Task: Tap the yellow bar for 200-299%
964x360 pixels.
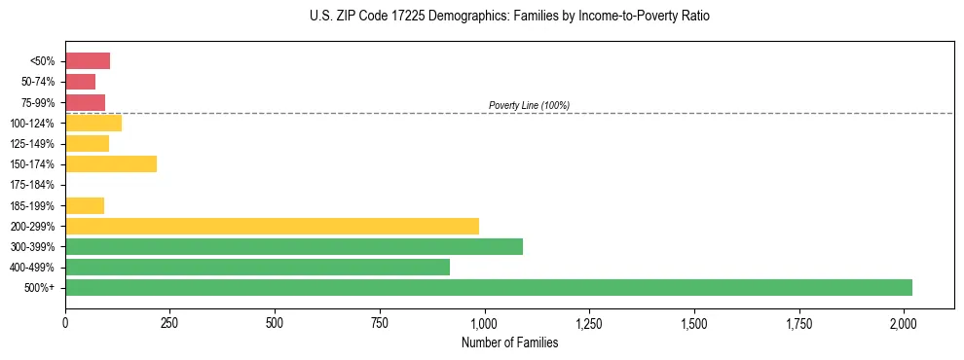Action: [272, 226]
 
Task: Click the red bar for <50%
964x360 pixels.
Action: [88, 61]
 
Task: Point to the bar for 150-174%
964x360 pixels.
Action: [111, 164]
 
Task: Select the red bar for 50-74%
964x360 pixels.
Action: [81, 82]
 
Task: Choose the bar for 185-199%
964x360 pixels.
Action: [85, 205]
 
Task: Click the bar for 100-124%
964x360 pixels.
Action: [93, 123]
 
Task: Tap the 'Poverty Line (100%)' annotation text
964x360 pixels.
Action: [529, 105]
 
